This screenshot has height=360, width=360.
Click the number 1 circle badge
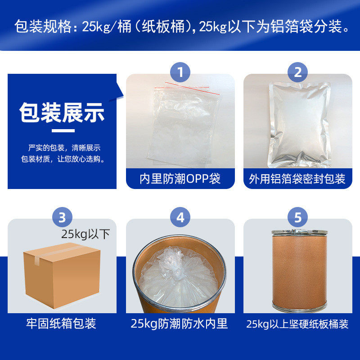[180, 72]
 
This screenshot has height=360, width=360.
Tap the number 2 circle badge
[297, 72]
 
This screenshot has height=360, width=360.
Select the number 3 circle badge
[62, 217]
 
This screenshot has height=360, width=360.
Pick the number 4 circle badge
[180, 217]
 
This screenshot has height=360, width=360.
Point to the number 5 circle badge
[297, 217]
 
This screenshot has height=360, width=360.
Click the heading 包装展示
[62, 113]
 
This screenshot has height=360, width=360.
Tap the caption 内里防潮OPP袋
[180, 179]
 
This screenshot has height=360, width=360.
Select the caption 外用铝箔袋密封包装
[297, 179]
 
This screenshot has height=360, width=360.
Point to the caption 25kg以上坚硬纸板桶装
[297, 324]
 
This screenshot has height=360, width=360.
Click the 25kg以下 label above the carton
[85, 234]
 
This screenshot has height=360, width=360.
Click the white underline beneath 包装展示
[63, 131]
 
